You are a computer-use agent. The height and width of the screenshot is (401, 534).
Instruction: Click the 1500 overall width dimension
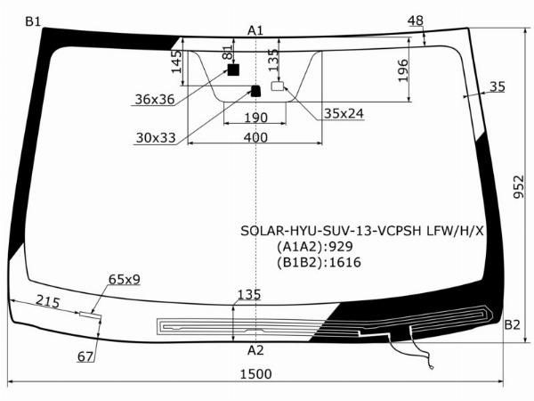(x=256, y=374)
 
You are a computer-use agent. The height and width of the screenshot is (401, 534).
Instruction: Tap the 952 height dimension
(x=519, y=187)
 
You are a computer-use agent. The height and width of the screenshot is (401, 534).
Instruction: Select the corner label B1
(x=33, y=21)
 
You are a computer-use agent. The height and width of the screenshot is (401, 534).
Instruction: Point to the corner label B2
(x=512, y=325)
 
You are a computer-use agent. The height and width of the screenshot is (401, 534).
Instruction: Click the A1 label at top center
(x=255, y=30)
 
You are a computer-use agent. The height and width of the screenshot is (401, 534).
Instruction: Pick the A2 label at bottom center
(x=255, y=350)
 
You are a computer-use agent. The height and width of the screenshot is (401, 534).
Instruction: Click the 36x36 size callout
(x=155, y=99)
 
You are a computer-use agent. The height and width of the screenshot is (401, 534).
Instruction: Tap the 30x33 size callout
(x=156, y=138)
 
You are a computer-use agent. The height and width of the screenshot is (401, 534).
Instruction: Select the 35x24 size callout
(x=344, y=113)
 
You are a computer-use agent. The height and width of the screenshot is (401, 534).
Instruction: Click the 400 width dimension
(x=255, y=137)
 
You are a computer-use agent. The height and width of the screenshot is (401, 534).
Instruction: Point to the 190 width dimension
(x=256, y=118)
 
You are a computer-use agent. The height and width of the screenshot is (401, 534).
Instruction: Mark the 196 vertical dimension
(x=403, y=70)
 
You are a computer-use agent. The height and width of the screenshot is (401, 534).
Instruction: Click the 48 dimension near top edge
(x=416, y=20)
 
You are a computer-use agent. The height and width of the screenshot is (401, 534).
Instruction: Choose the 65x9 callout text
(x=125, y=279)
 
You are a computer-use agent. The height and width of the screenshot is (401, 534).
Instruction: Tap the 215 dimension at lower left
(x=48, y=301)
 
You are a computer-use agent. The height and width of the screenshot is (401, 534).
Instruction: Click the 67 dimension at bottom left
(x=85, y=356)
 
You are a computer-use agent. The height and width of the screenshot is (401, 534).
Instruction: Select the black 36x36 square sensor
(x=233, y=70)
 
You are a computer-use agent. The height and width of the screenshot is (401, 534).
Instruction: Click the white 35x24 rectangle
(x=278, y=86)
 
